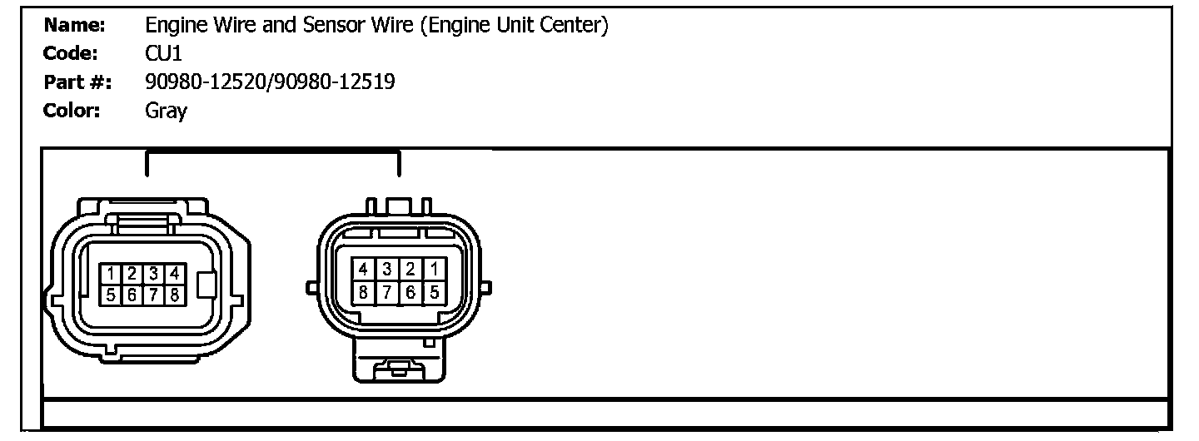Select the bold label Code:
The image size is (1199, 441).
[71, 54]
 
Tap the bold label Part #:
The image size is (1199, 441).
[76, 82]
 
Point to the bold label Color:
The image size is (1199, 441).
[72, 111]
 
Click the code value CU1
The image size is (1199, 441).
[162, 54]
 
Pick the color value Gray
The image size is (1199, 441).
[166, 111]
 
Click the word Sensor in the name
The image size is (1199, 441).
[335, 26]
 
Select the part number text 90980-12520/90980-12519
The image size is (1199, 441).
[270, 82]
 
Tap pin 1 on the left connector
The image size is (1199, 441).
[110, 273]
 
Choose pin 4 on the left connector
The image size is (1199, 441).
[174, 273]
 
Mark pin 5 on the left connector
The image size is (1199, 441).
[110, 294]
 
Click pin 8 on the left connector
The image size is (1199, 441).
[174, 294]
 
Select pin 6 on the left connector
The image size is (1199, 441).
[132, 294]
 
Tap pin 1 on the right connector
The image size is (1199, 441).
[433, 269]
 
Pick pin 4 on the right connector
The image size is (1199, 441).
[364, 269]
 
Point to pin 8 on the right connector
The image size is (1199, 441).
[364, 292]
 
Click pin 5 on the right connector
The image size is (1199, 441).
[433, 292]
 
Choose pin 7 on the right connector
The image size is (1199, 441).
[387, 292]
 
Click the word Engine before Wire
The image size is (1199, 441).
[172, 26]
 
